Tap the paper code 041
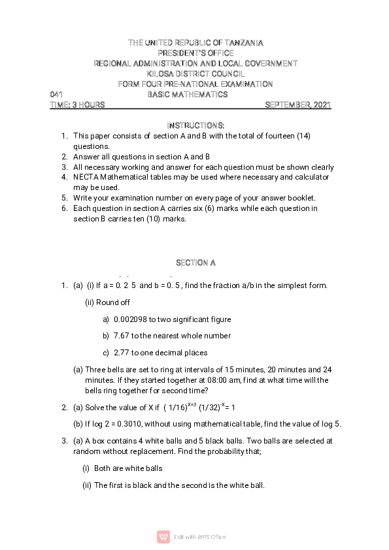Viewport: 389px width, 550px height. (x=56, y=95)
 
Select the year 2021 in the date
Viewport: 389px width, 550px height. (x=322, y=105)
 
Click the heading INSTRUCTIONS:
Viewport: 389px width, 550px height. (x=195, y=125)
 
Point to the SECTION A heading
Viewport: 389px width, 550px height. (x=195, y=263)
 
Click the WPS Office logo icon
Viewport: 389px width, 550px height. (x=163, y=537)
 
